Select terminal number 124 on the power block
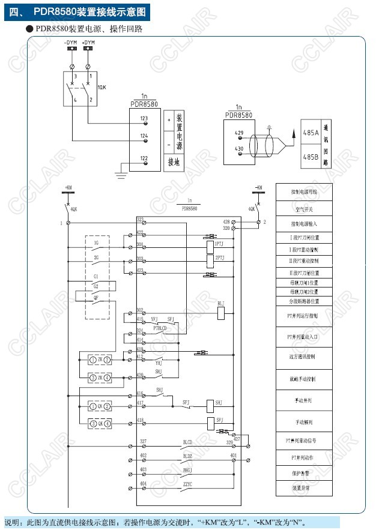click(144, 136)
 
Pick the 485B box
click(311, 157)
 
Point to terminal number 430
click(238, 148)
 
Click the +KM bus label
click(68, 188)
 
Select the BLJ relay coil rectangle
click(221, 312)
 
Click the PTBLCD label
click(160, 328)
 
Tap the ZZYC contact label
click(187, 483)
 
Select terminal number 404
click(143, 483)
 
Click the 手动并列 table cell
click(304, 400)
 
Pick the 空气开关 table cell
click(304, 209)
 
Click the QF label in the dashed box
click(96, 297)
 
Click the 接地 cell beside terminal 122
click(174, 162)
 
